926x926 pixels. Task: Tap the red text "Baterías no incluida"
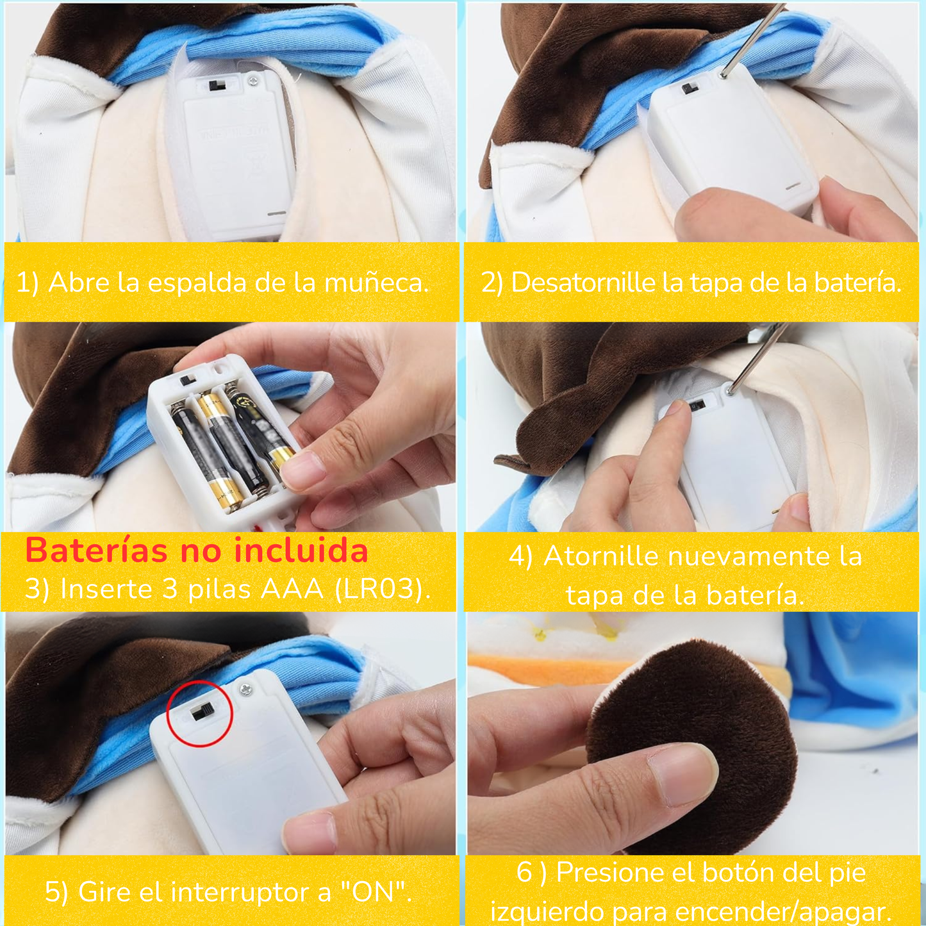pyautogui.click(x=197, y=550)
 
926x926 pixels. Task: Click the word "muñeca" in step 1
pyautogui.click(x=376, y=283)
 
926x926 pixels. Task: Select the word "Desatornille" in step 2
pyautogui.click(x=583, y=283)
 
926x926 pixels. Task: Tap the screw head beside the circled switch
pyautogui.click(x=246, y=690)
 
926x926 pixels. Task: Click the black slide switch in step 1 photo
pyautogui.click(x=217, y=86)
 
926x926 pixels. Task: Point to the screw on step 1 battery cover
pyautogui.click(x=252, y=81)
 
